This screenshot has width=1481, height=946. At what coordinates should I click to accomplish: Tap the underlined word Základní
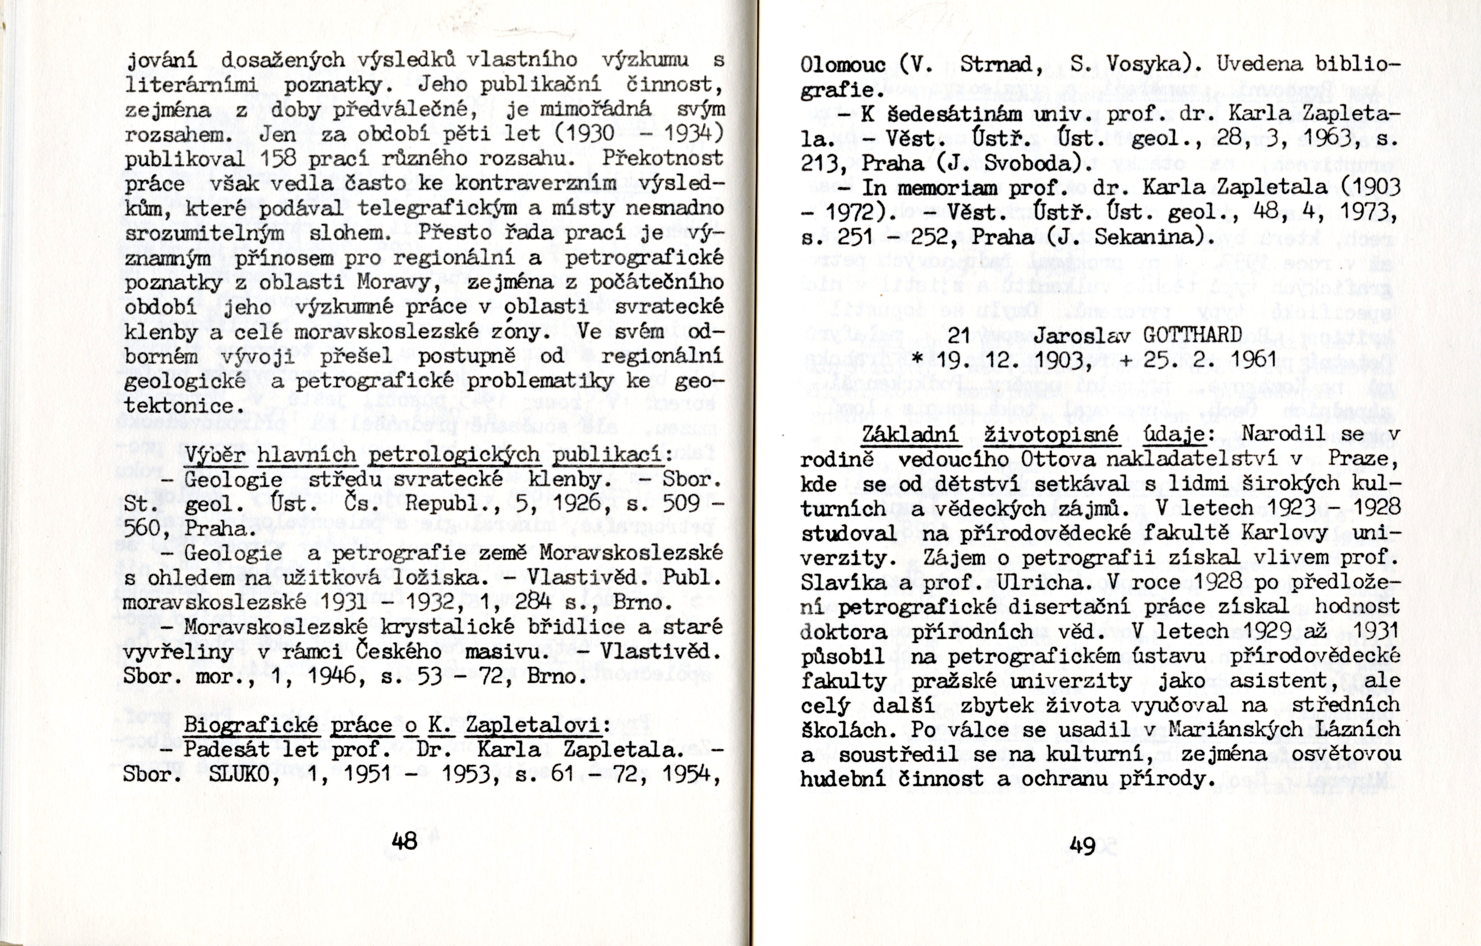(910, 434)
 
